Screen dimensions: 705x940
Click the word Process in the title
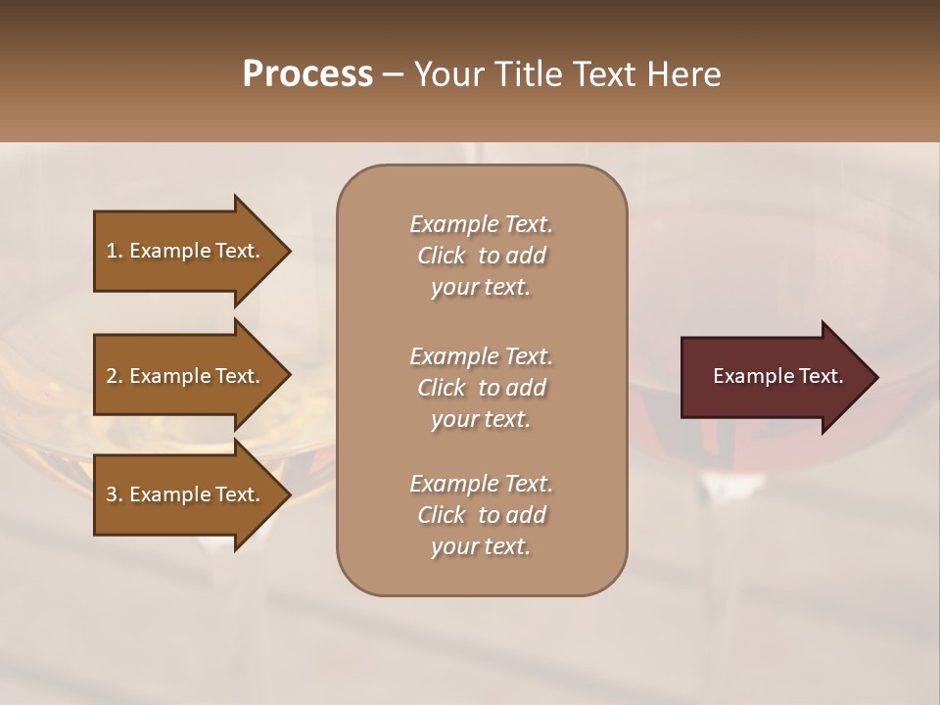pos(307,74)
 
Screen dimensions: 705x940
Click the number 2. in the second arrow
pos(115,376)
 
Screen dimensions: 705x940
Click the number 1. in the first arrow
pos(115,251)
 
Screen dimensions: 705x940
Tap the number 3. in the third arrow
pos(115,494)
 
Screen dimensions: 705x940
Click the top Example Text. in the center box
pos(481,224)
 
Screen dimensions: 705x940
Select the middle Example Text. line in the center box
pos(481,355)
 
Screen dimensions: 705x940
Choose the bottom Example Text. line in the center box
pos(481,484)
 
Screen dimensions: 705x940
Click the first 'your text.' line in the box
pos(481,288)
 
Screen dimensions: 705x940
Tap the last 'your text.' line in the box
pos(481,547)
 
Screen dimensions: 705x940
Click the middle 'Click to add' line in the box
pos(481,388)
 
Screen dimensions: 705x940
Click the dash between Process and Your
pos(393,75)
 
